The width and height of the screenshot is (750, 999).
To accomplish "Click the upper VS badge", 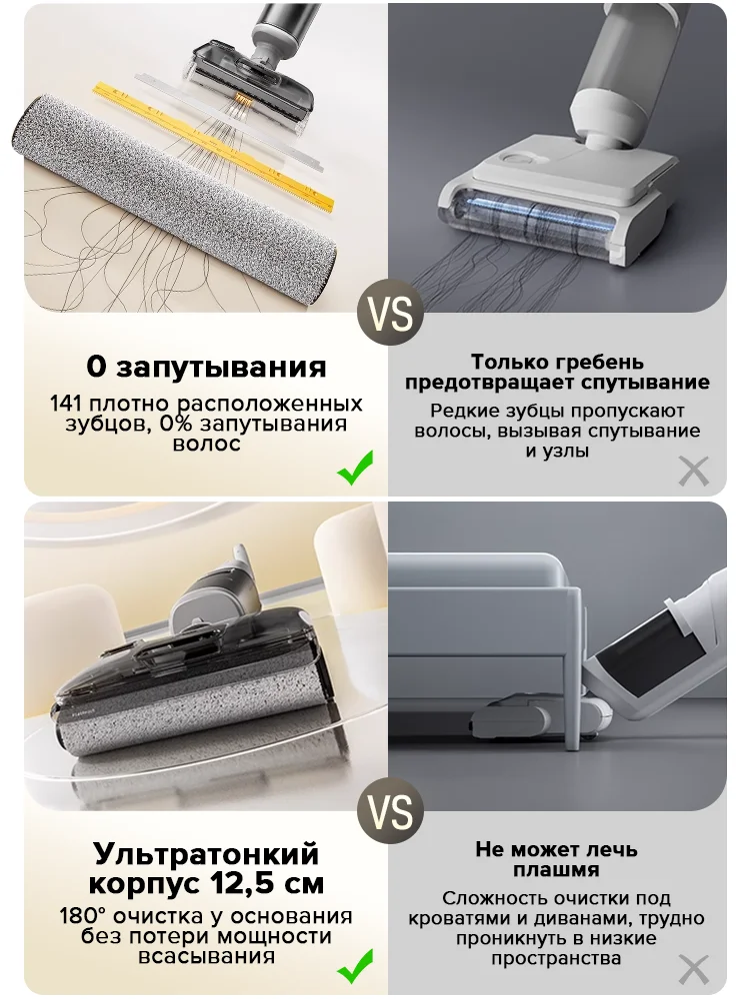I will point(390,313).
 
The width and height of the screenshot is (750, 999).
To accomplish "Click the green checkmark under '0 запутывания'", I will point(355,468).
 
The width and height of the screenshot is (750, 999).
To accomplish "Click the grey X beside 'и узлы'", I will point(693,470).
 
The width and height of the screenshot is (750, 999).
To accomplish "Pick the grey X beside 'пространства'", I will point(693,969).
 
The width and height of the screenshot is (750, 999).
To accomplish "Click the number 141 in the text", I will point(69,405).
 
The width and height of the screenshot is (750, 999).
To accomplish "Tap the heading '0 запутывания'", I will point(206,367).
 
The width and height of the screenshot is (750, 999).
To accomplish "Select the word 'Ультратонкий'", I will point(207,855).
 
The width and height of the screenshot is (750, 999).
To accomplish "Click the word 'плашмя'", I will point(557,870).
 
